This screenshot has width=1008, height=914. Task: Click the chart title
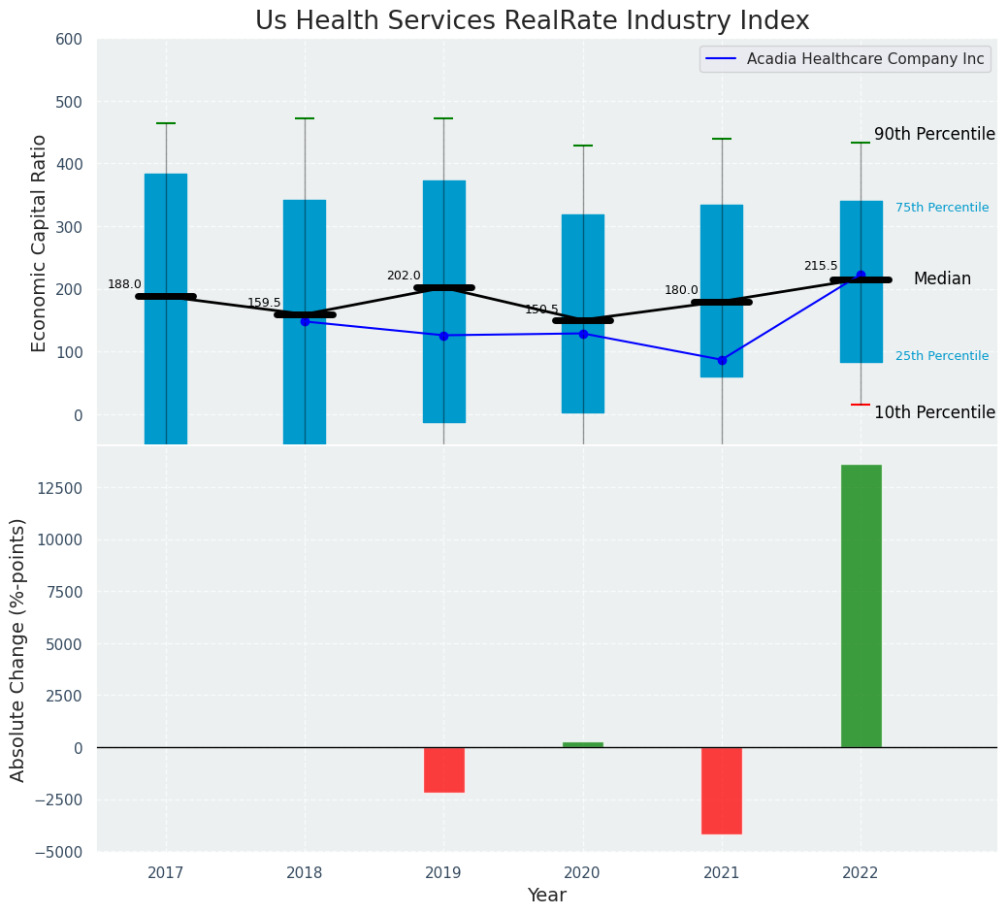pos(532,21)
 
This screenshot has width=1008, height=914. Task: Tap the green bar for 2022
pos(861,605)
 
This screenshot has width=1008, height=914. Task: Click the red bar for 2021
pos(722,790)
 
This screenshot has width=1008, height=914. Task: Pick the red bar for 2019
pos(444,769)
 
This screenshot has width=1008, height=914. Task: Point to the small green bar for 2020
pos(583,745)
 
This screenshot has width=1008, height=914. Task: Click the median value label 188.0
pos(124,284)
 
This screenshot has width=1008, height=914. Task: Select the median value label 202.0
pos(404,276)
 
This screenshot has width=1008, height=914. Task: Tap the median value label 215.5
pos(821,266)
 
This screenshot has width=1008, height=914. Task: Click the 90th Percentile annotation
pos(934,135)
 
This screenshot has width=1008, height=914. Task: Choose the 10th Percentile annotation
pos(934,412)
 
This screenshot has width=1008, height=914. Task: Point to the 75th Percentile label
pos(942,208)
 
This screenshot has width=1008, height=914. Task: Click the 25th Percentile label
pos(942,356)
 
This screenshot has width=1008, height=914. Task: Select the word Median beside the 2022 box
pos(942,279)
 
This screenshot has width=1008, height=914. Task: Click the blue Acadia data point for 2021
pos(722,360)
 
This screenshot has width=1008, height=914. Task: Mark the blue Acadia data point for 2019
pos(444,336)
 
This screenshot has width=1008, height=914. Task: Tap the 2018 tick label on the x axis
pos(305,873)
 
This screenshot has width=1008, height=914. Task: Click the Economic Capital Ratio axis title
pos(40,243)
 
